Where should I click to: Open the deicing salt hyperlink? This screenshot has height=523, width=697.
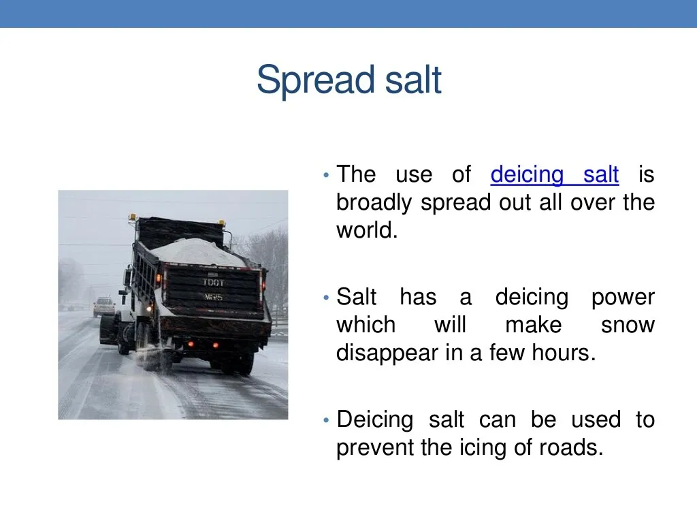pos(554,175)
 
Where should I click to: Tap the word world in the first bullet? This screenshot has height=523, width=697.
pos(366,230)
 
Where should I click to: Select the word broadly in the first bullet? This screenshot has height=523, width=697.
pos(375,203)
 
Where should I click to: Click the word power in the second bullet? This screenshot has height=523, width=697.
pos(622,298)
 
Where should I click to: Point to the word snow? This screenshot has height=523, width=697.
pos(627,326)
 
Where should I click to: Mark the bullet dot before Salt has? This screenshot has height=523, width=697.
pos(327,298)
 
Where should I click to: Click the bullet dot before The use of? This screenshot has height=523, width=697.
pos(327,176)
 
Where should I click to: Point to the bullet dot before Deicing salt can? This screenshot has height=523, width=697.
pos(327,420)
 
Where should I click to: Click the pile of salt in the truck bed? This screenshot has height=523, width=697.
pos(197,251)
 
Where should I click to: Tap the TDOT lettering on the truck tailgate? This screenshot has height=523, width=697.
pos(212,282)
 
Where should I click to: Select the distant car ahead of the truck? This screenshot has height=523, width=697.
pos(104,306)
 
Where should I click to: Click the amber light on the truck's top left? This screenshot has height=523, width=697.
pos(132,218)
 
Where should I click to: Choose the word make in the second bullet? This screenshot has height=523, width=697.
pos(533,326)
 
